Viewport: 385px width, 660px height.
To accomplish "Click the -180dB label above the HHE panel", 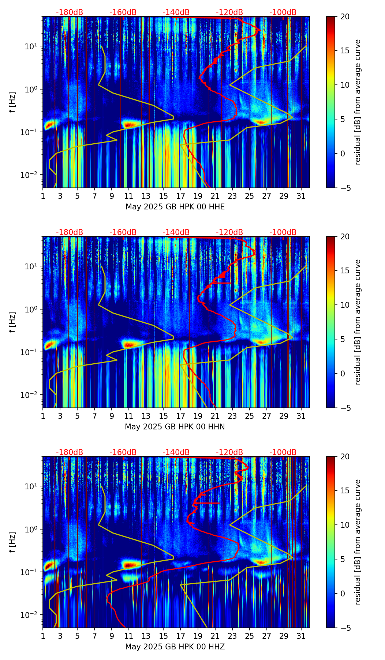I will point(70,12).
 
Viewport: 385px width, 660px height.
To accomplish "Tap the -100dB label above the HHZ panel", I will point(283,452).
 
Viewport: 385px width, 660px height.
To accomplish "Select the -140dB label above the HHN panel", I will point(176,232).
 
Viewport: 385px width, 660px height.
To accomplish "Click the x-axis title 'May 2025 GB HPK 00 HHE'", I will point(175,207).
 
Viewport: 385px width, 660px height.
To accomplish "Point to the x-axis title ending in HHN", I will point(175,427).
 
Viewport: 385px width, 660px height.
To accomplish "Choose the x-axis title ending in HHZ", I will point(175,647).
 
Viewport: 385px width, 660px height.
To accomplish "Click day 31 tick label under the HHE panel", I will point(301,196).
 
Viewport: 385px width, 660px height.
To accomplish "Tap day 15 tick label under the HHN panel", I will point(163,416).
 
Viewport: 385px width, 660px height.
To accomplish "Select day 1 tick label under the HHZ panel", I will point(43,636).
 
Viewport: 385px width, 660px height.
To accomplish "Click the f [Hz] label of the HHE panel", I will point(12,102).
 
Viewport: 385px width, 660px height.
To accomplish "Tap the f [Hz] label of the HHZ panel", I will point(12,542).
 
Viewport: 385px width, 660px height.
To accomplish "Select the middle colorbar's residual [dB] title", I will point(358,322).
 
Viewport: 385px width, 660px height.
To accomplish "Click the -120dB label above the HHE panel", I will point(229,12).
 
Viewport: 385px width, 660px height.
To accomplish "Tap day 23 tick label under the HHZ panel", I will point(232,636).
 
